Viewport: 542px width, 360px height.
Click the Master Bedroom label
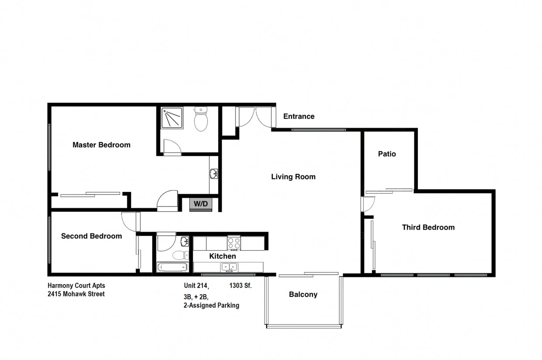tap(101, 145)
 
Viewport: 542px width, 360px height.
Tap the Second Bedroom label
tap(91, 236)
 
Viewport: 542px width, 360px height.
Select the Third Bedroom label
tap(428, 227)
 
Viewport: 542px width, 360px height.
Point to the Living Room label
tap(293, 177)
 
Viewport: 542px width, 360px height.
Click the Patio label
tap(387, 154)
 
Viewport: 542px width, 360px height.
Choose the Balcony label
tap(303, 294)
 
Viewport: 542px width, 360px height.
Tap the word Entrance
tap(299, 116)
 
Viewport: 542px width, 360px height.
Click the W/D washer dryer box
tap(201, 204)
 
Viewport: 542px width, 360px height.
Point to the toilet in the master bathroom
tap(201, 119)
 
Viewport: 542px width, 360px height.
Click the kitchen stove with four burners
tap(234, 243)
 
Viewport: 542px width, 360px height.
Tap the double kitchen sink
tap(229, 267)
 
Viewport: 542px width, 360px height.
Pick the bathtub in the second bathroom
tap(172, 267)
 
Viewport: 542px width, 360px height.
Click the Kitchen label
tap(222, 256)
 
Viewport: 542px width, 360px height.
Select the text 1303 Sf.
tap(240, 286)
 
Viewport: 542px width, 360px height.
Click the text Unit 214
tap(196, 286)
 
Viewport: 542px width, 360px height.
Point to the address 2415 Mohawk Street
tap(76, 294)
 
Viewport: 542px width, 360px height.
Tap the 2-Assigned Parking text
tap(211, 305)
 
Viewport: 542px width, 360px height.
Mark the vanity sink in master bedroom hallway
tap(214, 174)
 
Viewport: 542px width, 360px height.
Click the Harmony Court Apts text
tap(76, 286)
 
